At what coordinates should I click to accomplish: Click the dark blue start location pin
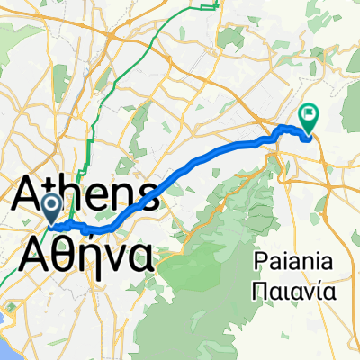(x=52, y=208)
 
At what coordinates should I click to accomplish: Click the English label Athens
(x=87, y=193)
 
